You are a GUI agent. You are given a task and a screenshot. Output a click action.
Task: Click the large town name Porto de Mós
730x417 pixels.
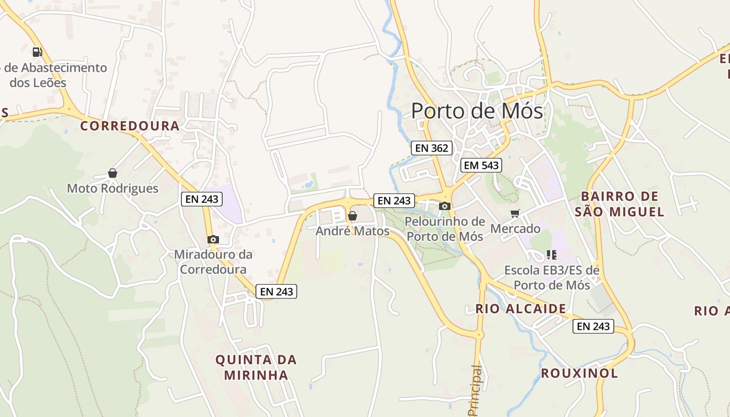477,111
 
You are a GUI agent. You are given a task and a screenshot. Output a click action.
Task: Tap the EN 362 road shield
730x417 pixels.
431,148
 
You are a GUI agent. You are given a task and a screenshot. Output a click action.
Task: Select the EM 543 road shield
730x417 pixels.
481,166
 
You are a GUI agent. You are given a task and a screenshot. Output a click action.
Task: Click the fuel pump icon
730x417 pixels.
37,52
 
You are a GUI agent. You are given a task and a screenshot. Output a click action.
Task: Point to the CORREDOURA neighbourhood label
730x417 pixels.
130,126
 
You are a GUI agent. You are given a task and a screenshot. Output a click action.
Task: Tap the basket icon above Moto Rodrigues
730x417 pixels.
113,173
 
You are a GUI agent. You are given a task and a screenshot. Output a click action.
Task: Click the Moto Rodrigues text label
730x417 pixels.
113,188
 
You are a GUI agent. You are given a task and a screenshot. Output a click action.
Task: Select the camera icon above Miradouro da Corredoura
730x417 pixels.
213,239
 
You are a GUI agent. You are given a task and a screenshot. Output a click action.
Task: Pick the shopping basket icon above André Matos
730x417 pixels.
352,215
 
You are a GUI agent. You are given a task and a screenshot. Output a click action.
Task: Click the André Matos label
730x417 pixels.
352,230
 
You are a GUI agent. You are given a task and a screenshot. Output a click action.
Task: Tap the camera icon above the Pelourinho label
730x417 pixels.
445,206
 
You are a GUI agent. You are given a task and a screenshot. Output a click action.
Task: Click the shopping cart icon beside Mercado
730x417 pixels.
515,213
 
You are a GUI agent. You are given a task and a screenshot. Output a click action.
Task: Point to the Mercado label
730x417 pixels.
515,228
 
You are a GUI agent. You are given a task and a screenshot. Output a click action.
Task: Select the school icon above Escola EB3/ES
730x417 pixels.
552,255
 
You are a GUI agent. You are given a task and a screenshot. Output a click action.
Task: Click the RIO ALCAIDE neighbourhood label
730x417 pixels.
520,309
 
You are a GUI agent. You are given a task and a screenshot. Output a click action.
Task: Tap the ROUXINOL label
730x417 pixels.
579,373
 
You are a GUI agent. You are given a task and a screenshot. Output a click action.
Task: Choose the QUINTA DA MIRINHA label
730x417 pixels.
256,367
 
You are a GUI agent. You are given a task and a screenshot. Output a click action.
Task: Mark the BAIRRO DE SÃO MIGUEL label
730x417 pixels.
620,204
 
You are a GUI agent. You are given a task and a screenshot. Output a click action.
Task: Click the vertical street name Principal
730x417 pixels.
475,390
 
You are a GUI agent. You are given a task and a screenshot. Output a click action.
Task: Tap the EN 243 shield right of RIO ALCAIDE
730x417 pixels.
593,326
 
